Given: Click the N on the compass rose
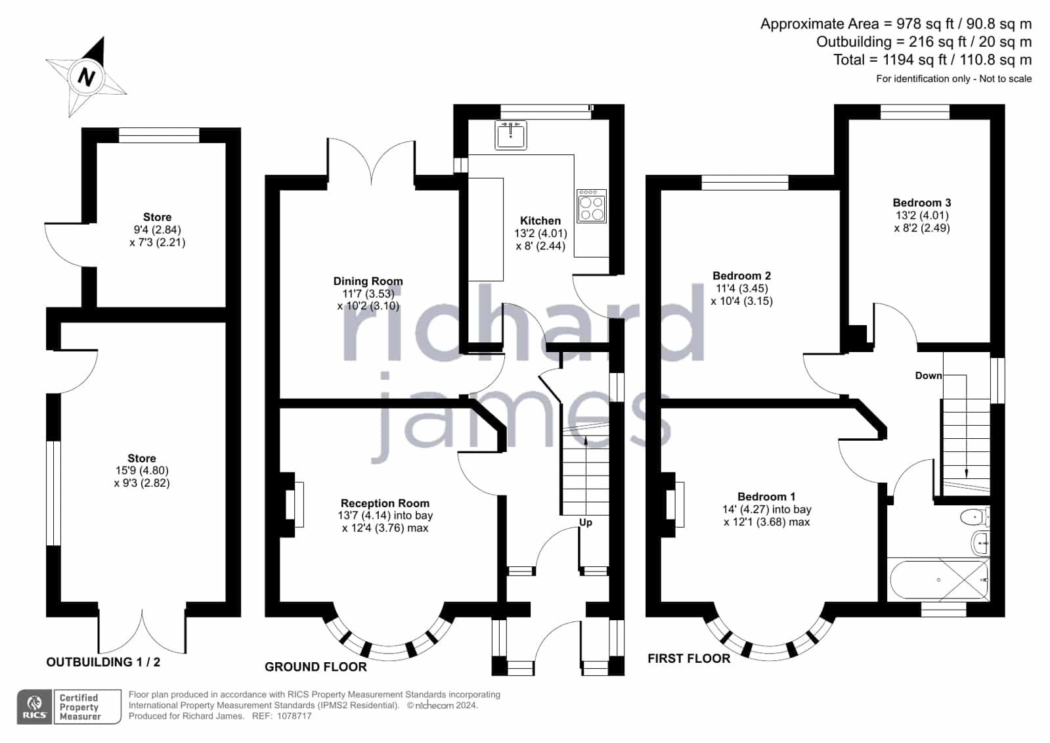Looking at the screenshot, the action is (x=86, y=76).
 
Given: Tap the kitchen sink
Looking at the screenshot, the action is (x=510, y=135).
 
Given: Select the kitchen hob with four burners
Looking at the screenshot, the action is (x=592, y=206).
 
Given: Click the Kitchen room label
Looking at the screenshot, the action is (x=540, y=221).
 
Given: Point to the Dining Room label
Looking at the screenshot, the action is (x=368, y=281).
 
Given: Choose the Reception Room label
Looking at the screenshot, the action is (x=385, y=503).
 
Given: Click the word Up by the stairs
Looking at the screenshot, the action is (x=586, y=522).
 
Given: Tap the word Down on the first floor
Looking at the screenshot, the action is (x=928, y=376).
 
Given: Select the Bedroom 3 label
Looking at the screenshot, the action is (x=921, y=202).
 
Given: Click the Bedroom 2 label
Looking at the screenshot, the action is (x=741, y=276).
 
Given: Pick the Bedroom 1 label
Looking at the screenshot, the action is (x=766, y=497).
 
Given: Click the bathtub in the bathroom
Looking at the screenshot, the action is (x=938, y=580).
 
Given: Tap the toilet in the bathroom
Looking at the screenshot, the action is (x=975, y=518).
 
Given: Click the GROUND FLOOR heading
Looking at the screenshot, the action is (x=315, y=667).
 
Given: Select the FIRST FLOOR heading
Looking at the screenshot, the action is (x=689, y=658).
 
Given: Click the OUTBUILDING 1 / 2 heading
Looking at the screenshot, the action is (x=103, y=662).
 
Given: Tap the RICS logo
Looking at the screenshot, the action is (x=35, y=707).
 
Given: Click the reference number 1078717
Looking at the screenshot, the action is (x=294, y=716).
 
